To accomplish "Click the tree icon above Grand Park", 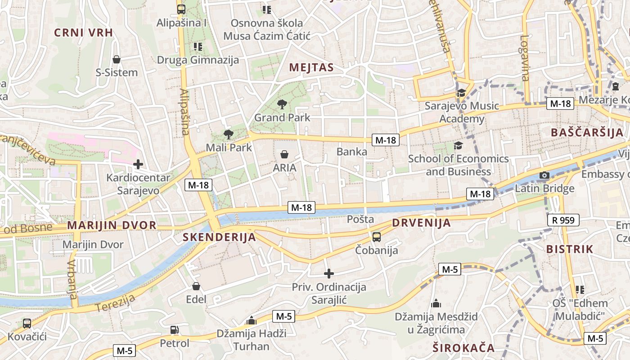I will (x=282, y=105).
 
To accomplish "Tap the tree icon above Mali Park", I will (x=229, y=134).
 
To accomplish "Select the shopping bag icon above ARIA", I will (x=284, y=155).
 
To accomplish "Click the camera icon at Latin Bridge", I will (x=544, y=175).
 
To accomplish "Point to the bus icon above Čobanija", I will (x=377, y=237).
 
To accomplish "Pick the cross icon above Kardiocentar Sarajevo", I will (x=138, y=164).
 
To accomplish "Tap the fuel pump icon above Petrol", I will (x=175, y=330).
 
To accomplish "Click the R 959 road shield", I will (x=563, y=220).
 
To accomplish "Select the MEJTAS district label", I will (x=311, y=68).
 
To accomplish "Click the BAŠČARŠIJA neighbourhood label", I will (x=587, y=133).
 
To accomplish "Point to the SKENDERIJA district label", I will (x=219, y=237).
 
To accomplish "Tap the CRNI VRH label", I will (x=83, y=32).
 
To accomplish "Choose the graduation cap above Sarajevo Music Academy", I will (x=461, y=93).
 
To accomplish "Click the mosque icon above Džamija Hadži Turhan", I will (x=252, y=321).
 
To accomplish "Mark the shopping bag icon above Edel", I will (x=196, y=286).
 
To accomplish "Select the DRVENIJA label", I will (x=421, y=223).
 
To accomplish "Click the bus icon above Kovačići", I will (x=27, y=323).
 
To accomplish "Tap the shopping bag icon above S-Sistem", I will (x=117, y=59).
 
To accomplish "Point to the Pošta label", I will (x=361, y=219).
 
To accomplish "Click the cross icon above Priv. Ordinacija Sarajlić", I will (x=329, y=273).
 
